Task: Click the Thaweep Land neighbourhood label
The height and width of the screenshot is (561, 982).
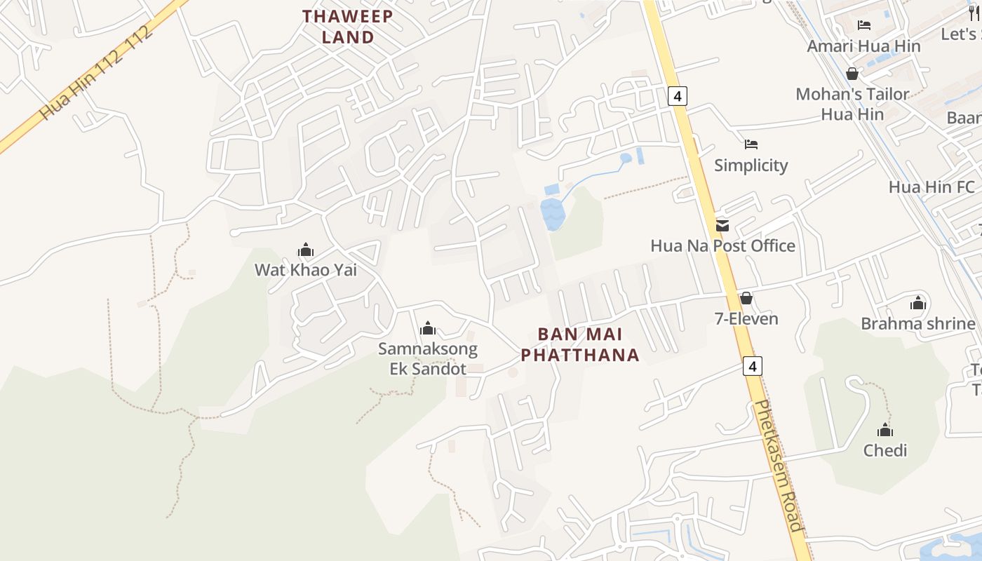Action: click(x=348, y=27)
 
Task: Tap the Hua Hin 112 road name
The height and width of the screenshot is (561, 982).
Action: click(x=96, y=73)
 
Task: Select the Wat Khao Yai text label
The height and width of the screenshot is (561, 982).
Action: click(x=305, y=270)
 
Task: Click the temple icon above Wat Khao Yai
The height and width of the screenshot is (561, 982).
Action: click(x=305, y=250)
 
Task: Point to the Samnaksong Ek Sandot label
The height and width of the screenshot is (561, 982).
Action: click(x=428, y=358)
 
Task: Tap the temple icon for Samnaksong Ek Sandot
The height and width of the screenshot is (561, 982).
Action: click(x=428, y=328)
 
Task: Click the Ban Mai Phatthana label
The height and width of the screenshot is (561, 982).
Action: click(x=580, y=344)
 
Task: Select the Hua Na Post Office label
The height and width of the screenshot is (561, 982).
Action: click(x=722, y=246)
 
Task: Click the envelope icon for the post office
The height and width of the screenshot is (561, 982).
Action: click(x=722, y=226)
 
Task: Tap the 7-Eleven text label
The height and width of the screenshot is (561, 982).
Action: click(x=746, y=319)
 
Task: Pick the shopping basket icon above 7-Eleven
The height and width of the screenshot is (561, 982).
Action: click(x=746, y=299)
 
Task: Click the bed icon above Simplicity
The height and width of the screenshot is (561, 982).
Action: click(x=751, y=144)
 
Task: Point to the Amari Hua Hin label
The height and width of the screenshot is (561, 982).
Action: click(x=863, y=46)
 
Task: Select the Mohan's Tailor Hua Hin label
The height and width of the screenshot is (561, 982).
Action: click(x=852, y=104)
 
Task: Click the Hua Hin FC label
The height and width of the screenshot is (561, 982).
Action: click(x=931, y=187)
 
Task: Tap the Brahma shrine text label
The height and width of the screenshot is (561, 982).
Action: click(x=917, y=324)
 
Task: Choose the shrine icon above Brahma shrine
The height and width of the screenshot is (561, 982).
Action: click(x=918, y=304)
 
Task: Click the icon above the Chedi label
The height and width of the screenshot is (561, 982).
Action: click(x=885, y=430)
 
